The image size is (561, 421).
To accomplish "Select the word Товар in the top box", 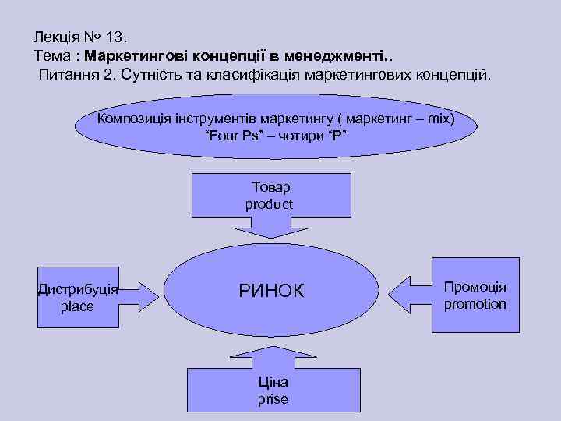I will click(270, 188).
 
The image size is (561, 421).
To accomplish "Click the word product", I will click(270, 204).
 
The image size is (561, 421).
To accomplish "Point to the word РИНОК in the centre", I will click(271, 292).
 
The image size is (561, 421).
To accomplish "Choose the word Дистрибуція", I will click(78, 289).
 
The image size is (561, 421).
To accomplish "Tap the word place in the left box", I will click(77, 306).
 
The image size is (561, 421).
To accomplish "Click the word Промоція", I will click(475, 287).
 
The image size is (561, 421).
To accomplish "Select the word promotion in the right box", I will click(475, 304).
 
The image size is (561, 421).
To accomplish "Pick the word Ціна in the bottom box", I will click(273, 382).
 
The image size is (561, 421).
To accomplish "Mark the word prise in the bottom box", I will click(273, 399).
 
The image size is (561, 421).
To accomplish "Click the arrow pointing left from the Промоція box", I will click(408, 295).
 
